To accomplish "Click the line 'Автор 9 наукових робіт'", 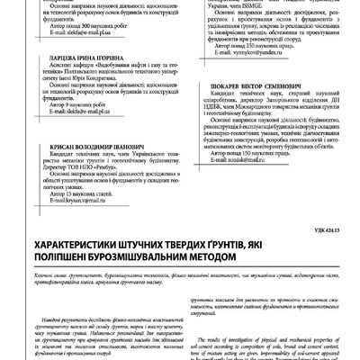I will tap(80, 130).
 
